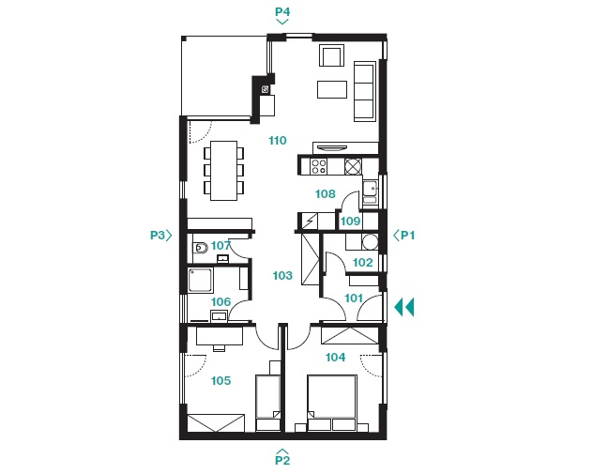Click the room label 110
click(x=278, y=141)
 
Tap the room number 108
click(x=326, y=194)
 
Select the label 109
click(x=350, y=221)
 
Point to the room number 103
click(x=282, y=275)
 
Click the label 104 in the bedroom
click(x=336, y=357)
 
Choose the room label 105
click(x=220, y=380)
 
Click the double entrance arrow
click(x=404, y=307)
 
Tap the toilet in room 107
click(x=200, y=248)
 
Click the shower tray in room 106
click(x=201, y=280)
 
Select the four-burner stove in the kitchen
click(x=318, y=166)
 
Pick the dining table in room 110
click(x=224, y=171)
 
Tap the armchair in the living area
click(x=331, y=55)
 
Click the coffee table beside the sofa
click(x=332, y=90)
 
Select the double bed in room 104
click(x=332, y=403)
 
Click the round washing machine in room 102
click(x=371, y=242)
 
